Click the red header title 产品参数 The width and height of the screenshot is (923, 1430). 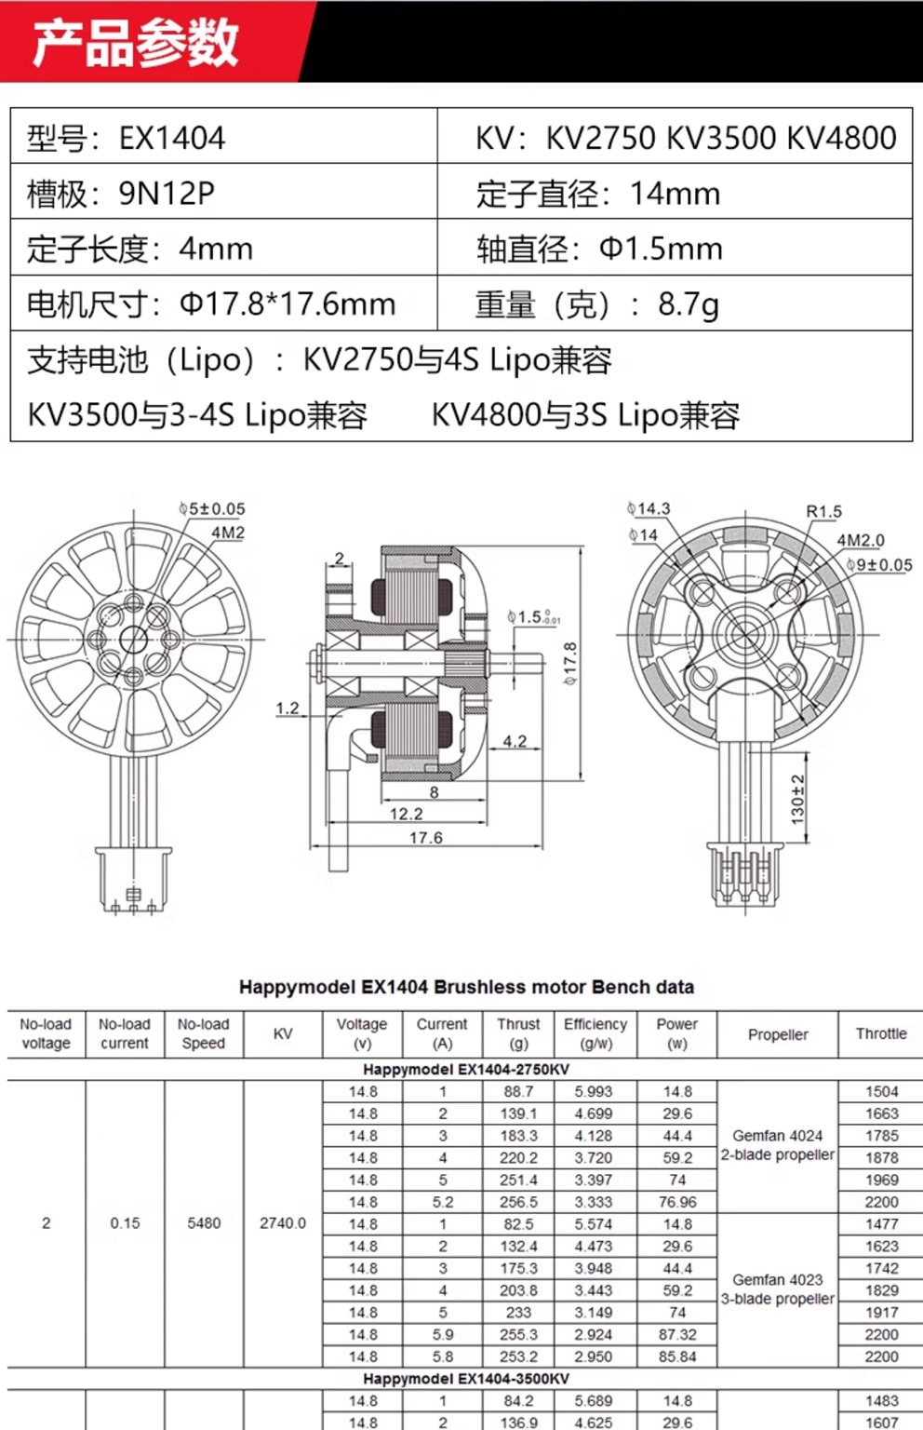pos(135,43)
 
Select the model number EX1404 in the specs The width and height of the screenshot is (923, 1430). pos(172,138)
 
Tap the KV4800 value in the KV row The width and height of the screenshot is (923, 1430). pos(842,138)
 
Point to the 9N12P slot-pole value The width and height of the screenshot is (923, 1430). pos(167,194)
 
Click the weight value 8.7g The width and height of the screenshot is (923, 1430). pos(689,304)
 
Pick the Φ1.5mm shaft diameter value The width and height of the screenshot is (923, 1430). pos(661,249)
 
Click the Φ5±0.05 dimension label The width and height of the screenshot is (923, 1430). pos(212,509)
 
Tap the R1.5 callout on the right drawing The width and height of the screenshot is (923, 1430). pos(823,511)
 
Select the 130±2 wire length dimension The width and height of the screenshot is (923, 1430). pos(798,800)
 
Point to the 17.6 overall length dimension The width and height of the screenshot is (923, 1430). pos(425,837)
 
